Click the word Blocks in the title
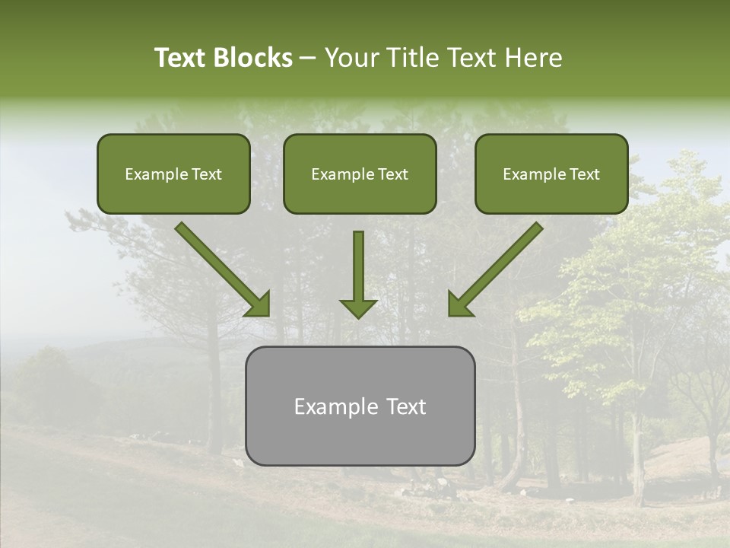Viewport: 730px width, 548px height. pyautogui.click(x=253, y=58)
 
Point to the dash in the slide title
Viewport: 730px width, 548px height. pyautogui.click(x=308, y=59)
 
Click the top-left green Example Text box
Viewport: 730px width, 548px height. pyautogui.click(x=173, y=174)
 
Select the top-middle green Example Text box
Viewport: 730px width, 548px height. pyautogui.click(x=360, y=174)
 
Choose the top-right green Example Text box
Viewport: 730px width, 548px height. pyautogui.click(x=551, y=174)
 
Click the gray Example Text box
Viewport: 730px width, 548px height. pyautogui.click(x=360, y=406)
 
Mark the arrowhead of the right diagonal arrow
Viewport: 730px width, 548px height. pyautogui.click(x=459, y=304)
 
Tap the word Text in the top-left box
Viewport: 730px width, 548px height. pyautogui.click(x=206, y=174)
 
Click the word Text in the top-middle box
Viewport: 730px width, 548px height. pyautogui.click(x=392, y=174)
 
